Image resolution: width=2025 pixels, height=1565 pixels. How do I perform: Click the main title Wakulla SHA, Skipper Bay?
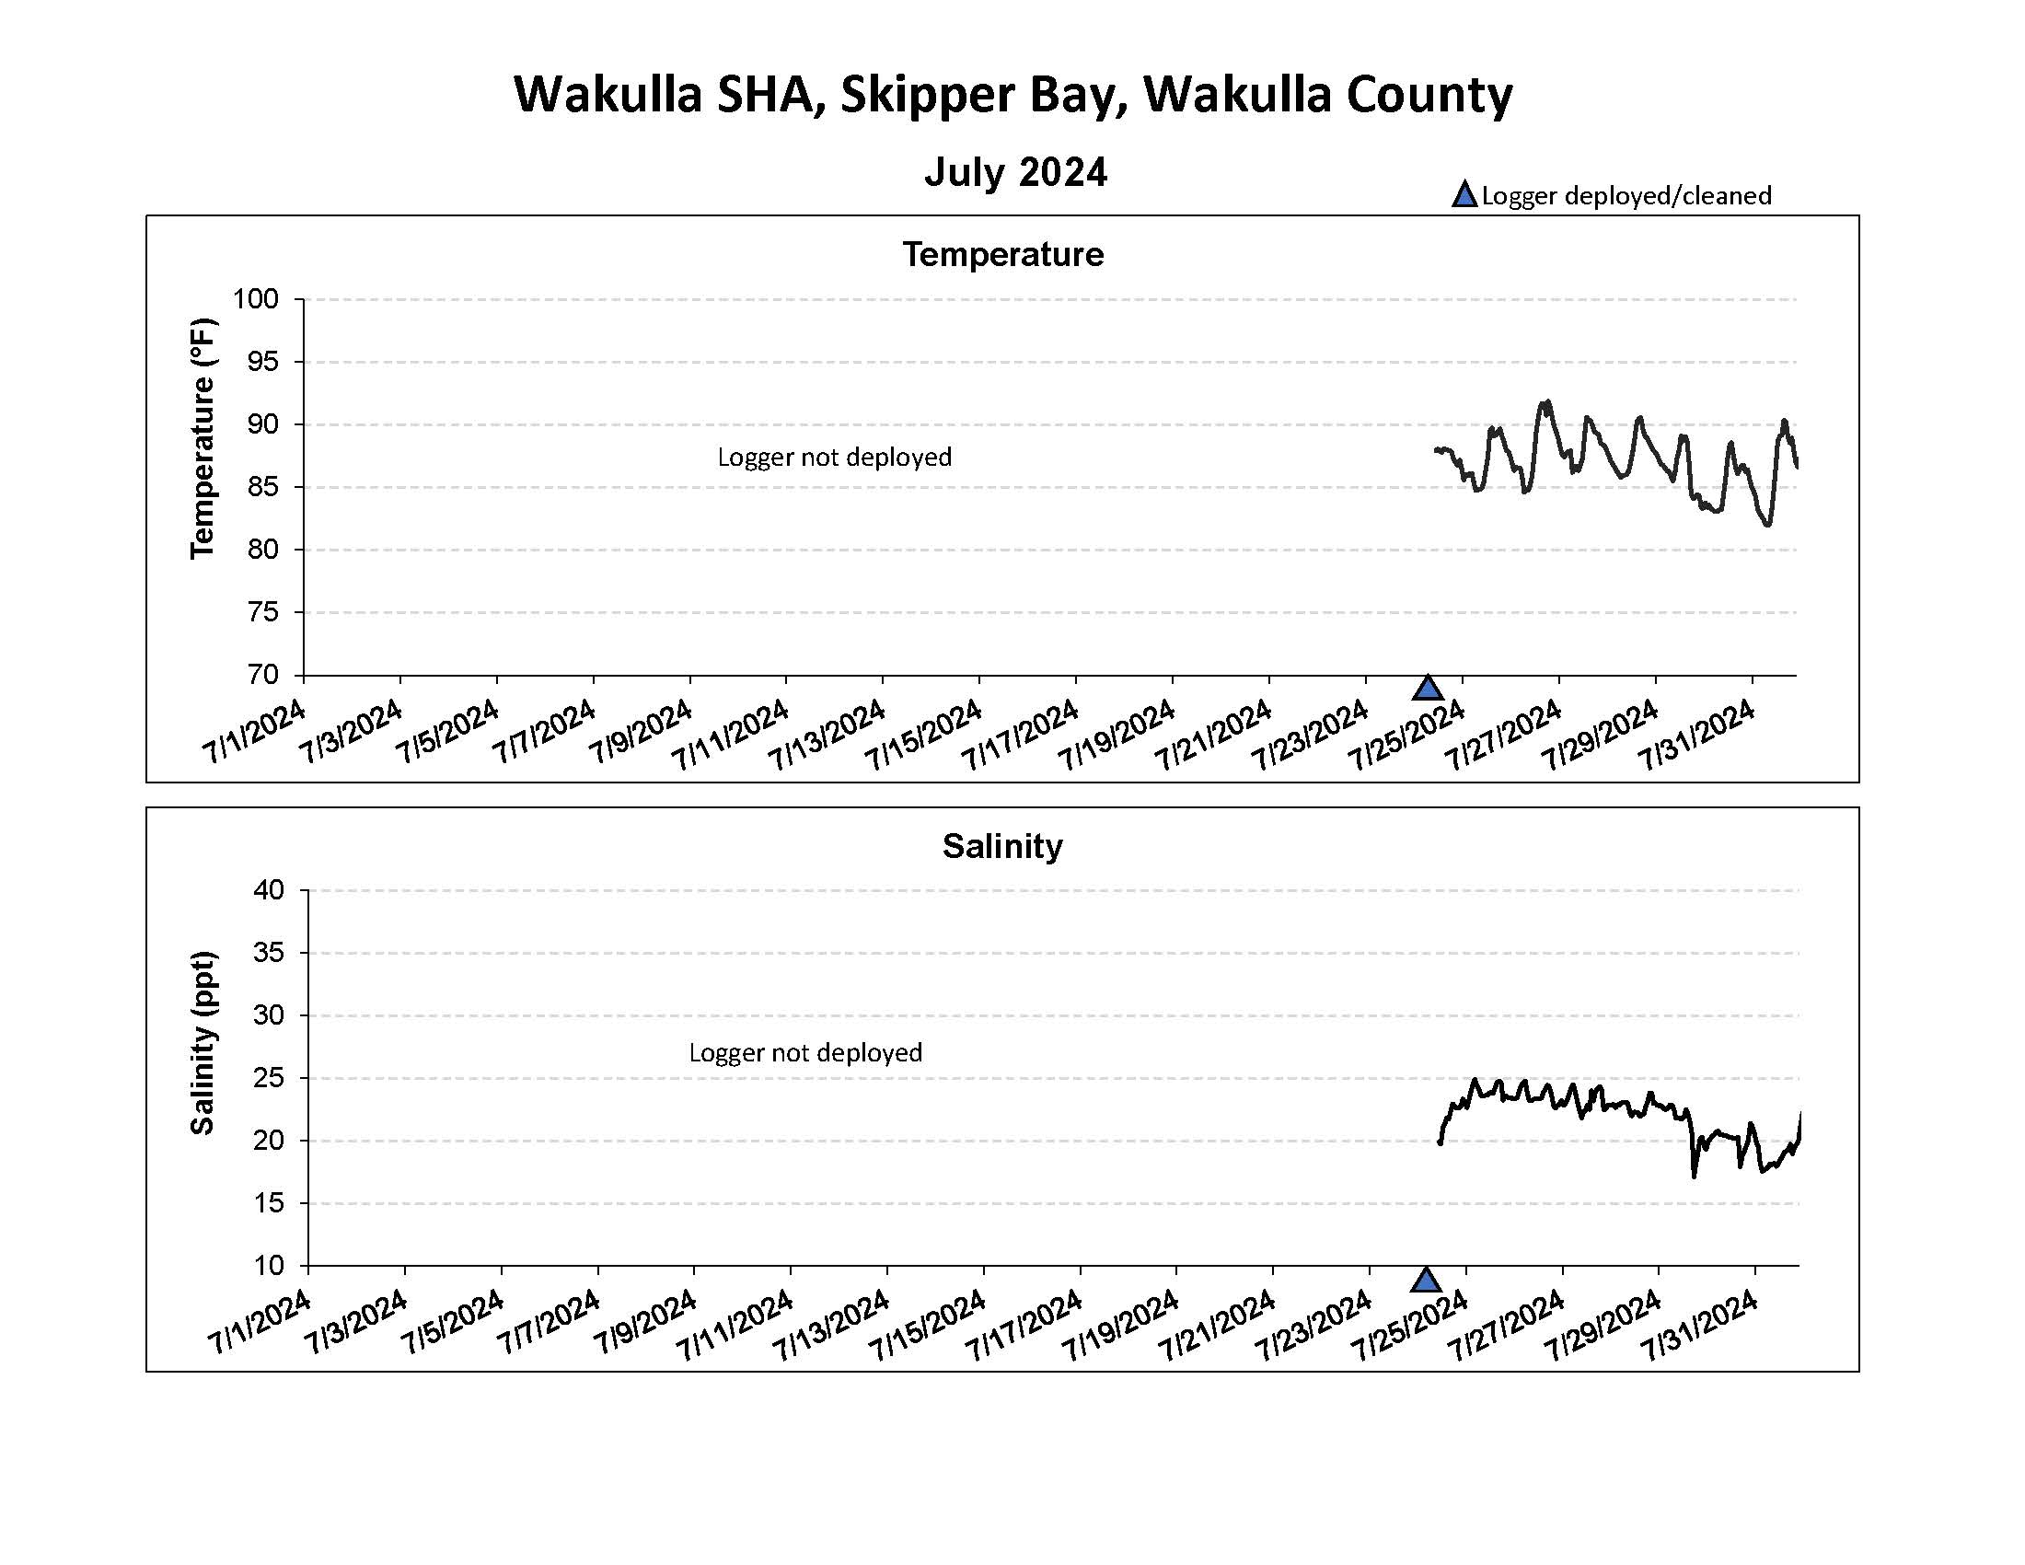coord(1012,95)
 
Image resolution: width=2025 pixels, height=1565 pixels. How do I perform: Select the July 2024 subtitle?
coord(1015,172)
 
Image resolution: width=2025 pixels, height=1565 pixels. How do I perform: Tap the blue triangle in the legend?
coord(1464,194)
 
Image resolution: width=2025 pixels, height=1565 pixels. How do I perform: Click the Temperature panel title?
coord(1002,255)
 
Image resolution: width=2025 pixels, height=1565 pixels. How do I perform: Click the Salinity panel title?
coord(1002,846)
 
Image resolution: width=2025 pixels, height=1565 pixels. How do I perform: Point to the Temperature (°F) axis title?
coord(202,438)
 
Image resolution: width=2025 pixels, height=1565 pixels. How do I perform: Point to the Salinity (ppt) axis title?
coord(202,1043)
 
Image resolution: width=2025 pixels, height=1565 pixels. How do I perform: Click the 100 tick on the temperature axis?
coord(256,299)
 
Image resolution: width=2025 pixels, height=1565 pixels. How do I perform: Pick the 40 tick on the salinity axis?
coord(268,891)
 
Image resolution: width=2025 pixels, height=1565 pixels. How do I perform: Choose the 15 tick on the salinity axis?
coord(268,1203)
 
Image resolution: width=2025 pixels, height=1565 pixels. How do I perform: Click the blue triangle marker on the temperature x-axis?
coord(1428,689)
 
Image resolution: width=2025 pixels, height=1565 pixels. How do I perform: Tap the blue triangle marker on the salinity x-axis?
coord(1426,1281)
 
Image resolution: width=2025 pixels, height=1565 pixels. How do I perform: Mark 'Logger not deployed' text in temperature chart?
coord(835,458)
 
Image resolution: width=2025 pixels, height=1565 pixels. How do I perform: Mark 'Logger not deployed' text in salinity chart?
coord(804,1053)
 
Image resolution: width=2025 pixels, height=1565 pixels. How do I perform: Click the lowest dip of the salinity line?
coord(1694,1177)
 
